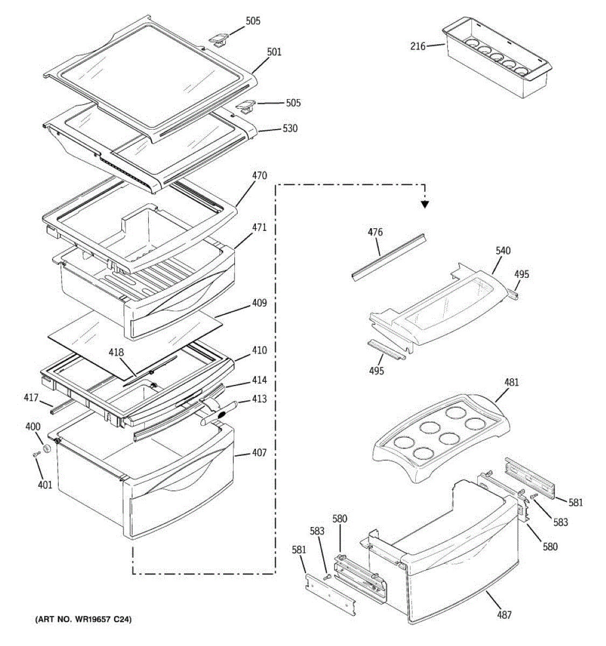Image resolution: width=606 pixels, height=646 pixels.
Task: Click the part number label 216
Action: click(417, 46)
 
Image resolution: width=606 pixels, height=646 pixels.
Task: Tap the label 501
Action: click(274, 52)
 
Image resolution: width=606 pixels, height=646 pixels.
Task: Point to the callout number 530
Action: click(290, 129)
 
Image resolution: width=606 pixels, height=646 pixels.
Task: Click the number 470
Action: click(259, 176)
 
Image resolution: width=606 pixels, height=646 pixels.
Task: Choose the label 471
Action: click(259, 228)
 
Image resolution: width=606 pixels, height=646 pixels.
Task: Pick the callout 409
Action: click(259, 303)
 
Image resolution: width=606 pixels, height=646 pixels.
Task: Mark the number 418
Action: click(116, 353)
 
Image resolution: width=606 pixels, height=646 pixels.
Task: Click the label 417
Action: click(31, 398)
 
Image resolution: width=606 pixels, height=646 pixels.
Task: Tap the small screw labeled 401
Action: click(36, 455)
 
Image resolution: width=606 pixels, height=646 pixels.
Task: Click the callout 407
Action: click(259, 453)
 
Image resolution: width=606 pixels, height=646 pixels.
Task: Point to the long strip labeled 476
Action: click(388, 256)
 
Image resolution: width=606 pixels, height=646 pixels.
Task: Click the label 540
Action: click(503, 251)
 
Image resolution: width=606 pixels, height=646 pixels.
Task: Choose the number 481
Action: click(511, 383)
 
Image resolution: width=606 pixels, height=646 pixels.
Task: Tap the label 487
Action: click(504, 615)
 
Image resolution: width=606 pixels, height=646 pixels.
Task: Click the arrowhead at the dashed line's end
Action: click(425, 203)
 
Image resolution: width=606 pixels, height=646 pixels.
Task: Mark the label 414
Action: click(259, 381)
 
